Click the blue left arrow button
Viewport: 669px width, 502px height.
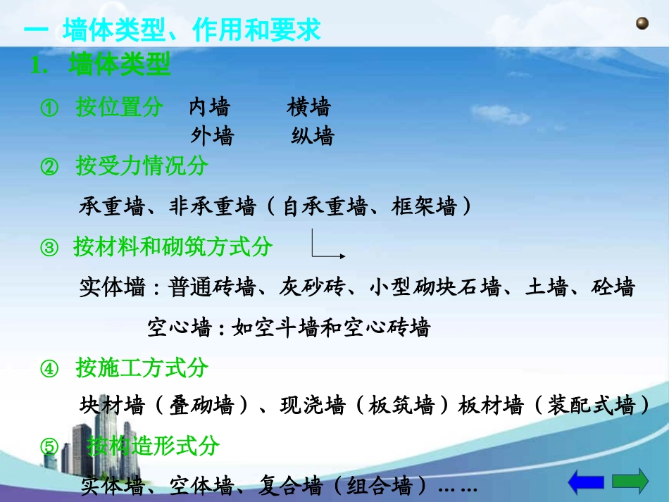point(586,482)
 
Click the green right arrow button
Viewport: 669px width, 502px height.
point(630,482)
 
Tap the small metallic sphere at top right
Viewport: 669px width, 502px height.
point(642,25)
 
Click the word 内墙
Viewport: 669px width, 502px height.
point(209,108)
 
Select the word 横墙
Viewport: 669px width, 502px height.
point(308,108)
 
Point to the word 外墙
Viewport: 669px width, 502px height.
point(212,136)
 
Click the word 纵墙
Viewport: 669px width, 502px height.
point(313,136)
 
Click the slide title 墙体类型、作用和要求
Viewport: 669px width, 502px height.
point(192,30)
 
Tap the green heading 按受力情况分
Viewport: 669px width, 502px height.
point(142,167)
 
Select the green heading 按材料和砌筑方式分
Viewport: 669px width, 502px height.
point(173,247)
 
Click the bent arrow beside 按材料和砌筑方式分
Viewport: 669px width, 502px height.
point(326,247)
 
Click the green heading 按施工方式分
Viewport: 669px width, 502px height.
point(142,368)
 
